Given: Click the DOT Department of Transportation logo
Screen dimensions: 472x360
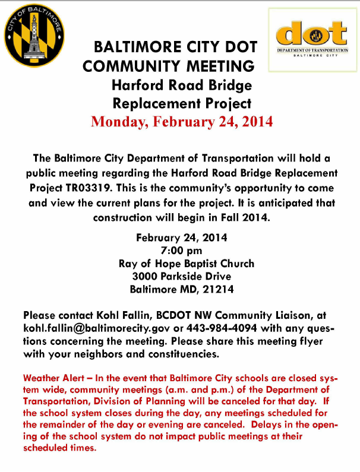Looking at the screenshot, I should coord(312,39).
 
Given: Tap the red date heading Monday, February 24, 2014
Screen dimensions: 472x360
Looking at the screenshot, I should coord(181,122).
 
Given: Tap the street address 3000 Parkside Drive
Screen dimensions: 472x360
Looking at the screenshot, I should coord(181,276).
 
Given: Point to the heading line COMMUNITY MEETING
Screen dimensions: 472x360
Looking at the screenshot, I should coord(169,66).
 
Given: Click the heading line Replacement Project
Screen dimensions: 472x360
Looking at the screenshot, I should coord(181,103).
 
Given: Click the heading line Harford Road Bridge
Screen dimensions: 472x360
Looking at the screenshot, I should coord(181,85).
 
